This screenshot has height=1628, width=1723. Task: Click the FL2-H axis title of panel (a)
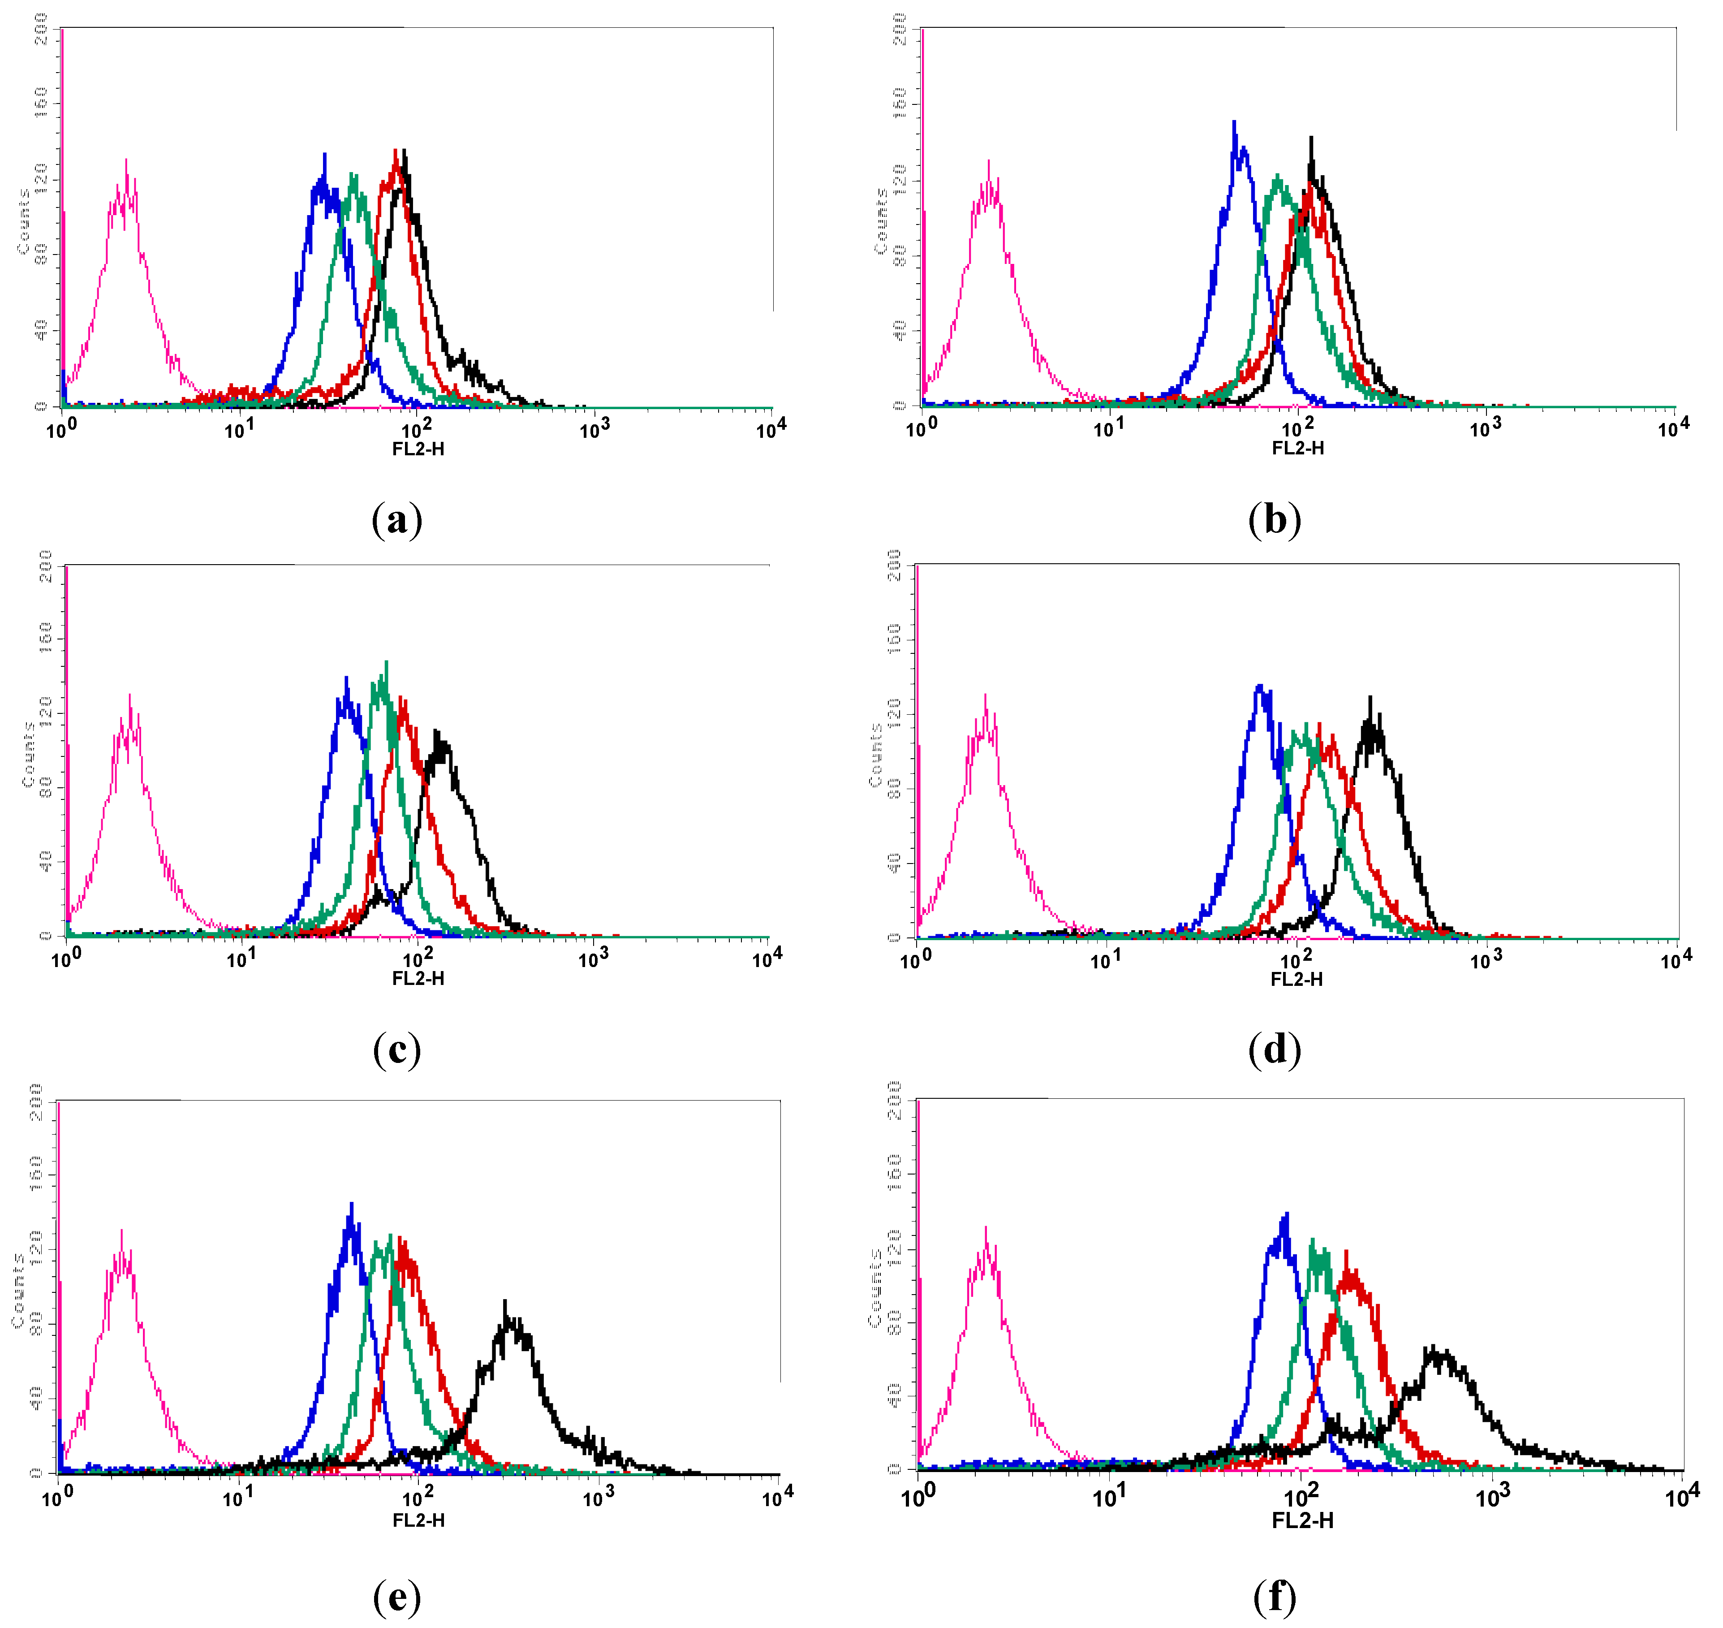(418, 449)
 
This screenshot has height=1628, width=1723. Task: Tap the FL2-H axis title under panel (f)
(1302, 1520)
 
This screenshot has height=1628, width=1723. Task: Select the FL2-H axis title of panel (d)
(1296, 979)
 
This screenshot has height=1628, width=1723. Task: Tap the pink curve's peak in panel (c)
(130, 695)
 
